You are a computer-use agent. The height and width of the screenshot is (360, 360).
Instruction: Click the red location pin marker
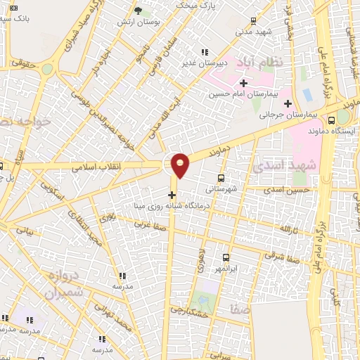coord(181,165)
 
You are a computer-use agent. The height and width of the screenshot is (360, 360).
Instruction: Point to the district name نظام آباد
coord(261,63)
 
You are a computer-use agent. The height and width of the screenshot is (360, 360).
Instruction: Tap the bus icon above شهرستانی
coord(222,178)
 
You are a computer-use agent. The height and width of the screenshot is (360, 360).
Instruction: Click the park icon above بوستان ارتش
coord(138,11)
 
